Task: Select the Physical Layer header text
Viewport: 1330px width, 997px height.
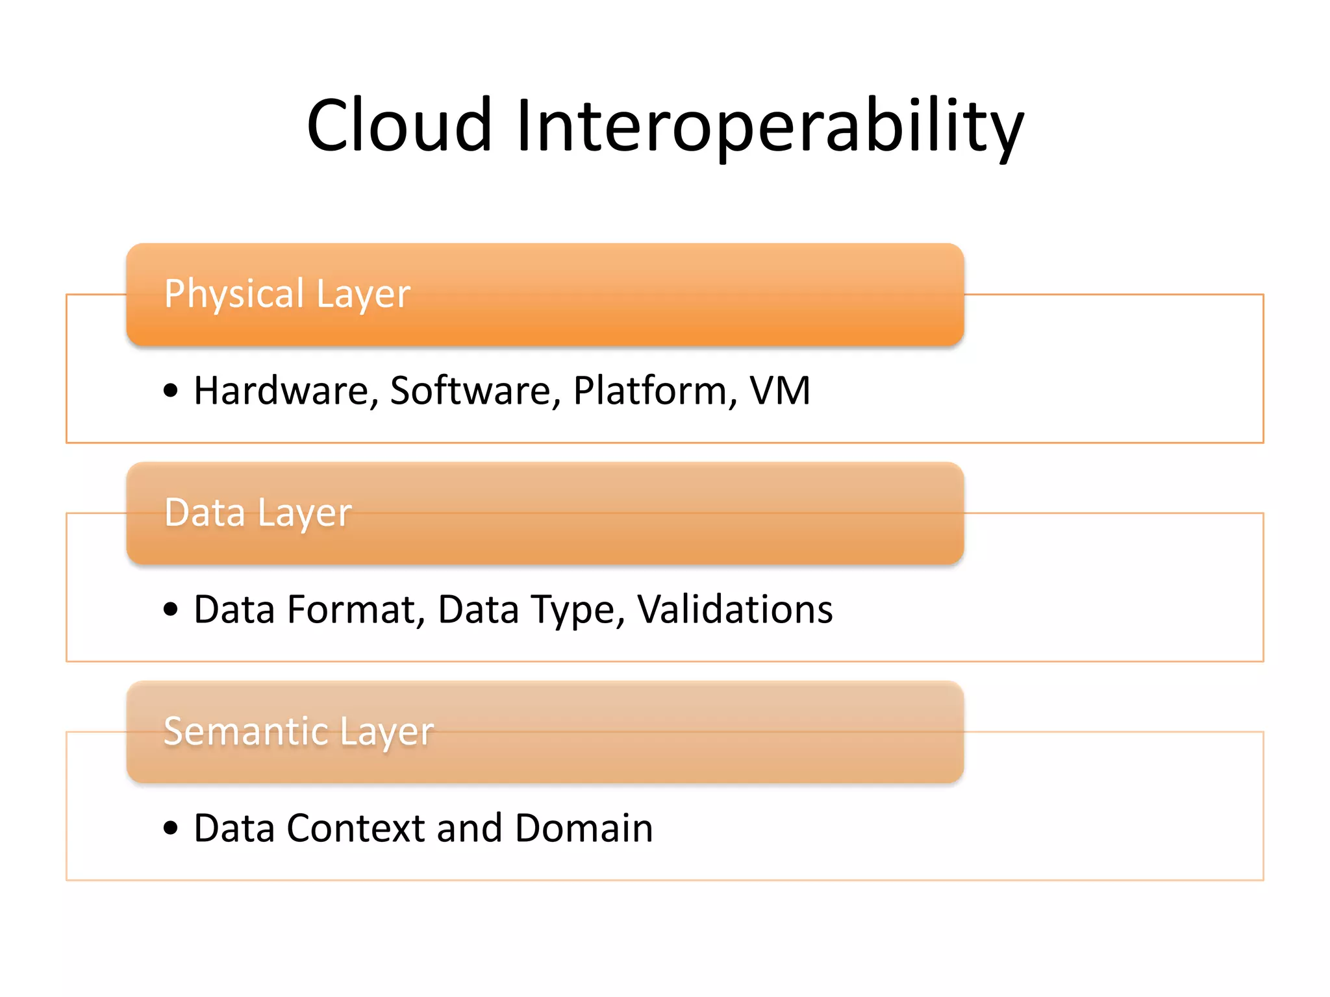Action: pos(287,294)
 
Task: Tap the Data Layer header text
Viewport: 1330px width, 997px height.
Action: pos(258,513)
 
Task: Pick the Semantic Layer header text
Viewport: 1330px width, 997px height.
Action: pos(299,732)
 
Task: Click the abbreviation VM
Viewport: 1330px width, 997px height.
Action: pos(780,391)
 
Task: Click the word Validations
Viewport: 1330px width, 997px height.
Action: pos(734,609)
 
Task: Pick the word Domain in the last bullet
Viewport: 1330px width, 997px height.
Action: pos(584,828)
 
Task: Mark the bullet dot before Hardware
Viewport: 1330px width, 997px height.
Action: pos(171,391)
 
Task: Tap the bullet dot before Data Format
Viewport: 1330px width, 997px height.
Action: pos(171,609)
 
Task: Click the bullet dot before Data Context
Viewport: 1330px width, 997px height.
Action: pos(171,828)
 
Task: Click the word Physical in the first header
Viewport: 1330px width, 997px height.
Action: pos(234,294)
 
